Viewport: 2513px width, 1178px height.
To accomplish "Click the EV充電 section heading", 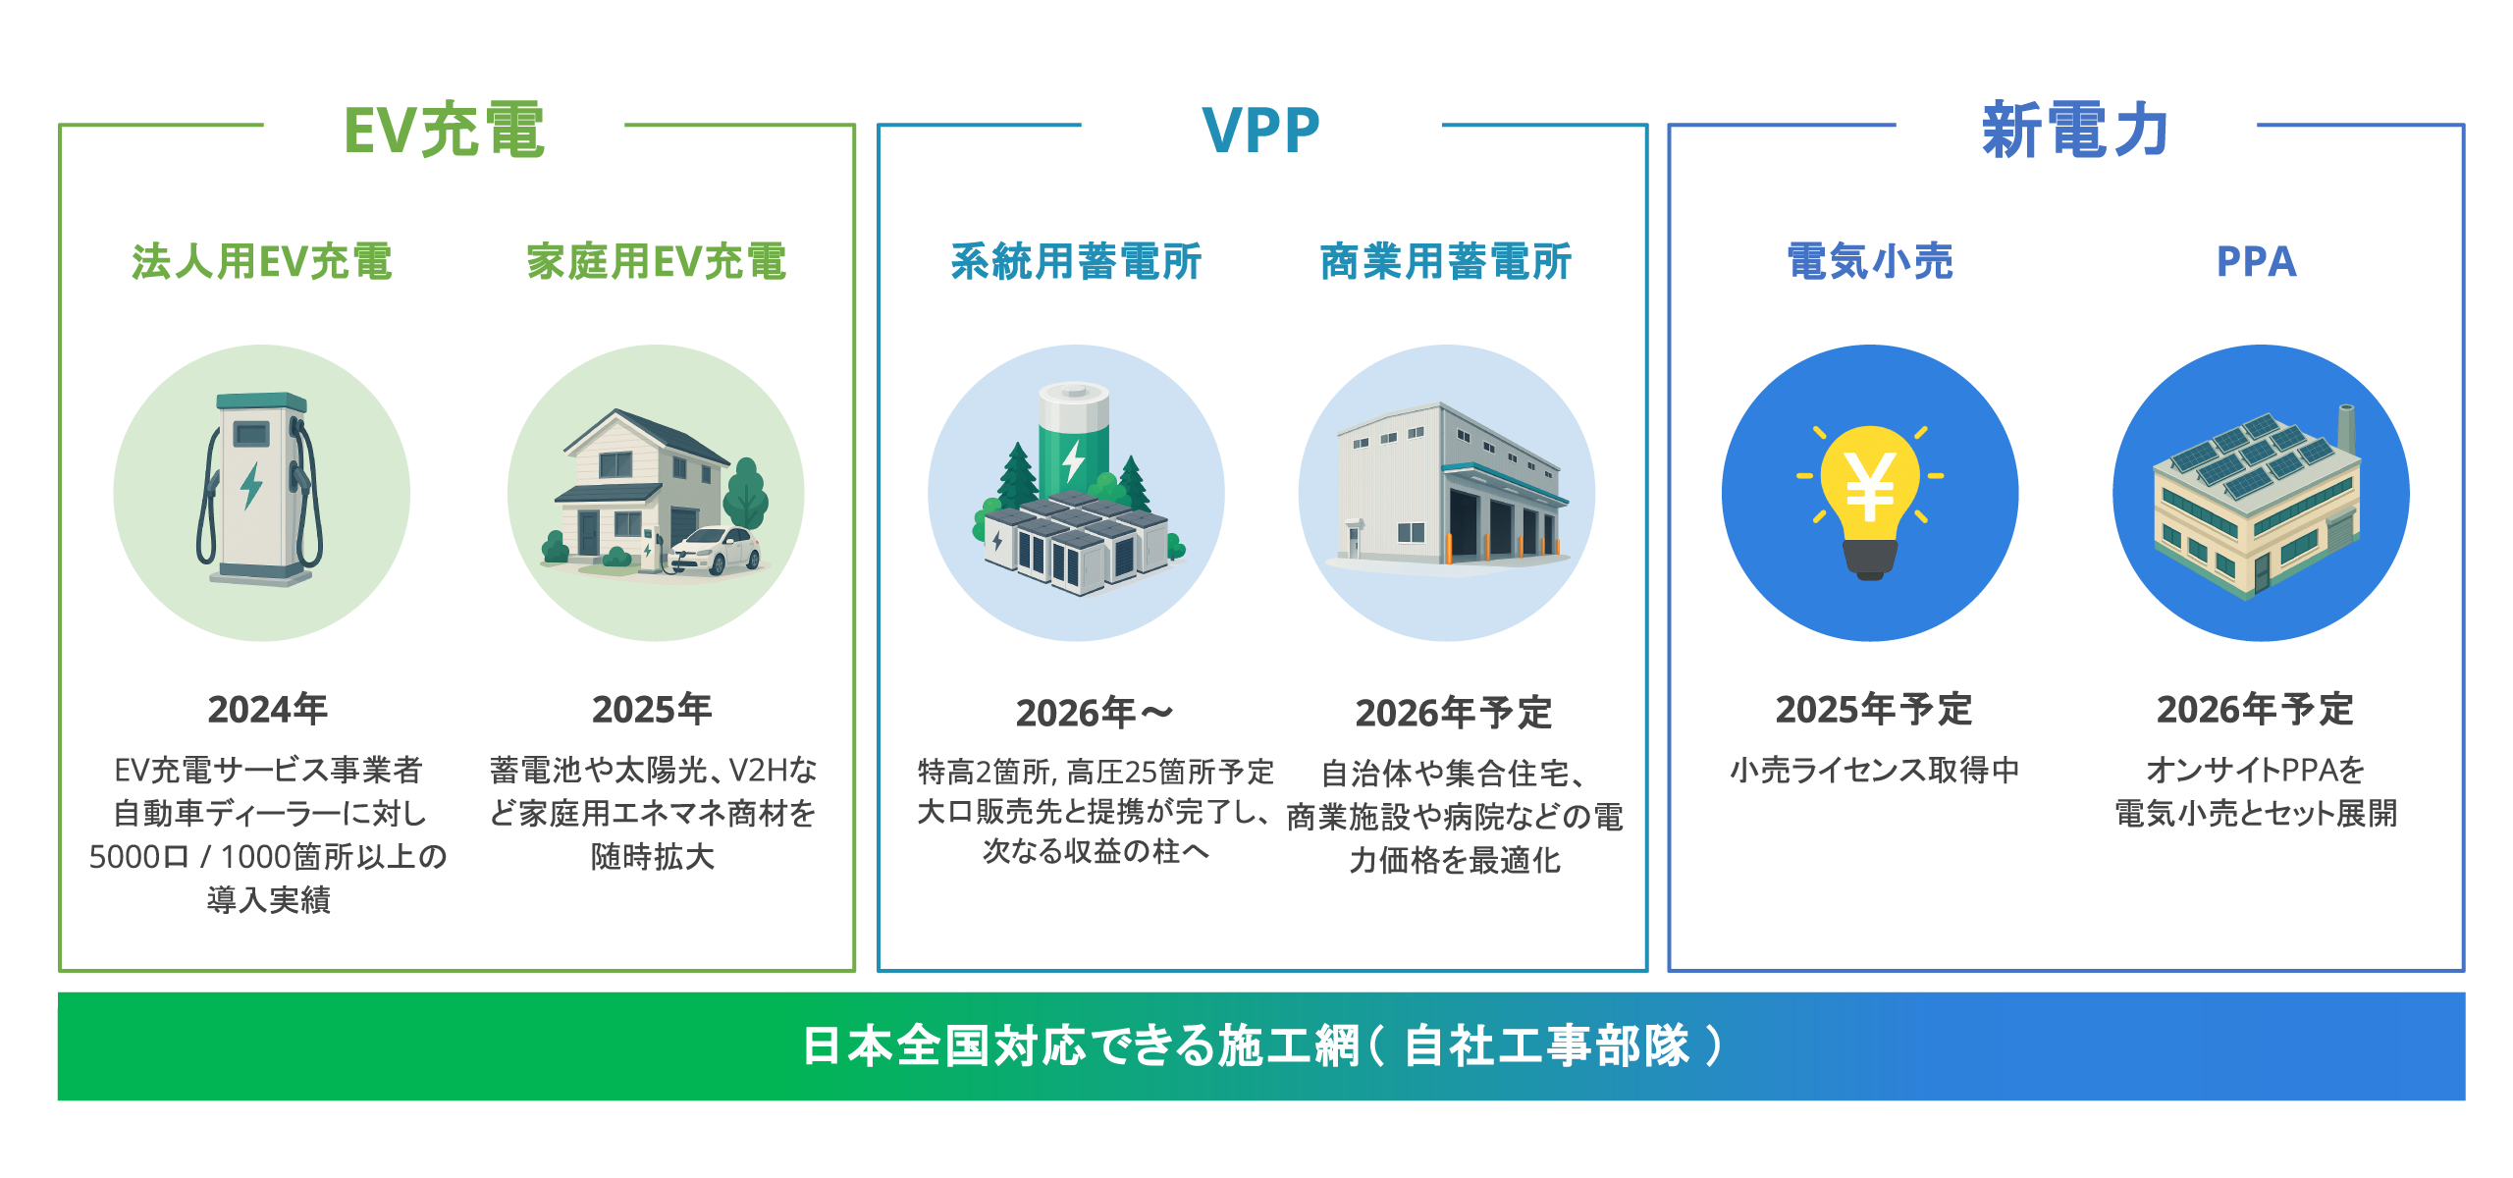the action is pyautogui.click(x=444, y=130).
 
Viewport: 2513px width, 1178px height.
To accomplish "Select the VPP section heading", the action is pyautogui.click(x=1261, y=130).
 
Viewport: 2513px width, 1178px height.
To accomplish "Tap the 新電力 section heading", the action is pyautogui.click(x=2075, y=130).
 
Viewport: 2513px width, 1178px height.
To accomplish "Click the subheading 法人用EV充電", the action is pyautogui.click(x=262, y=262).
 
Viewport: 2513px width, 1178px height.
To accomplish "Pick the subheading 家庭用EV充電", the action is pyautogui.click(x=656, y=262).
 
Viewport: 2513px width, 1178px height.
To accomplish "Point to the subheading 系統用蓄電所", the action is pyautogui.click(x=1076, y=262).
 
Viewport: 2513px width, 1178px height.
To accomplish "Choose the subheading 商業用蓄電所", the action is pyautogui.click(x=1446, y=262).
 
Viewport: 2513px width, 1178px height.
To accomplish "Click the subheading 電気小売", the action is pyautogui.click(x=1870, y=262).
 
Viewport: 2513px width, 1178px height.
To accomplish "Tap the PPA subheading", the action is pyautogui.click(x=2256, y=262).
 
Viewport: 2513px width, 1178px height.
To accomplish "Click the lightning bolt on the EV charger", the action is pyautogui.click(x=251, y=485).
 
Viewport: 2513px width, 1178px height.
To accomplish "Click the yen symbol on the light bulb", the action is pyautogui.click(x=1870, y=488).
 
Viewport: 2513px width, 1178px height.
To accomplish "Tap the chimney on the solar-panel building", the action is pyautogui.click(x=2346, y=431).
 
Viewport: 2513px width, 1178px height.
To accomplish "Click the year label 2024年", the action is pyautogui.click(x=267, y=709).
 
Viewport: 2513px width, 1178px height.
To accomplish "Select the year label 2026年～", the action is pyautogui.click(x=1095, y=713).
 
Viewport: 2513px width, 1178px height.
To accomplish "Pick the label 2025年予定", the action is pyautogui.click(x=1873, y=709).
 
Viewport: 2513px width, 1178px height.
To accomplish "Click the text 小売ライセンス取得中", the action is pyautogui.click(x=1874, y=770).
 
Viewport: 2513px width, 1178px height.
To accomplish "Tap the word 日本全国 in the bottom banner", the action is pyautogui.click(x=895, y=1045).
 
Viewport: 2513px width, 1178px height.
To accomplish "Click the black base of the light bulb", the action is pyautogui.click(x=1870, y=559).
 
